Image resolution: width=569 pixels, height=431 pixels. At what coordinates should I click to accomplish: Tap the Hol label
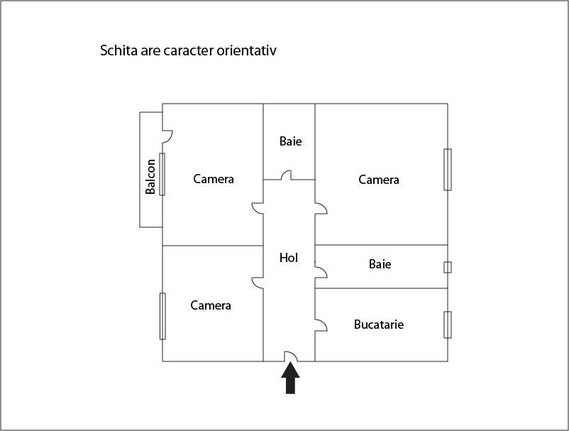tap(289, 258)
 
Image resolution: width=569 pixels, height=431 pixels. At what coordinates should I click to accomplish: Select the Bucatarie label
tap(378, 324)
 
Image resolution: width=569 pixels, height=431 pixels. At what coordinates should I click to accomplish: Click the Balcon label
tap(150, 177)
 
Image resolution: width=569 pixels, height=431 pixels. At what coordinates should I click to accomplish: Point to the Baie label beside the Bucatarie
tap(380, 264)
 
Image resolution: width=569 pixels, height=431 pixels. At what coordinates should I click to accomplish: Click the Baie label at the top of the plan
tap(290, 141)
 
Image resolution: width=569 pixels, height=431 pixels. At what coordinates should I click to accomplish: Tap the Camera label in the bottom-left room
tap(211, 305)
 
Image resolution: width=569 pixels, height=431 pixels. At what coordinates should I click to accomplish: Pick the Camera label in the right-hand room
tap(379, 180)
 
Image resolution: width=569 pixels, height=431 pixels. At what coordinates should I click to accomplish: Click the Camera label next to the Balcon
tap(214, 179)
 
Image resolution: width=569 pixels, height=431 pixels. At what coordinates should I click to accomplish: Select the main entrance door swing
tap(291, 356)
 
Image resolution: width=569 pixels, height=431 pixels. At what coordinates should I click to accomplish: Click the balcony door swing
tap(167, 136)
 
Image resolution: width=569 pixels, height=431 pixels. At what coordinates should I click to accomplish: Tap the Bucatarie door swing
tap(321, 325)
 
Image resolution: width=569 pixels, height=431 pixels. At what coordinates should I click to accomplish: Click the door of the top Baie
tap(286, 175)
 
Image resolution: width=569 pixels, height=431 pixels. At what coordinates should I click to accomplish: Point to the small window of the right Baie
tap(448, 267)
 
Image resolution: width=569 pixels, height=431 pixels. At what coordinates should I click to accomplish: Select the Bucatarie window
tap(448, 324)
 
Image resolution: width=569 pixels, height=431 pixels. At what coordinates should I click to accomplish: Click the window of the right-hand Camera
tap(448, 170)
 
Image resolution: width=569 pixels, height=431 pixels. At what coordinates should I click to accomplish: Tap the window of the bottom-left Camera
tap(162, 316)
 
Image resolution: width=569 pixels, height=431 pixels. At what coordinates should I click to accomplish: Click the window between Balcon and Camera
tap(162, 174)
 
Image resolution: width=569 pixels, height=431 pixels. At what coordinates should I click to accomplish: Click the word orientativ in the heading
tap(247, 50)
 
